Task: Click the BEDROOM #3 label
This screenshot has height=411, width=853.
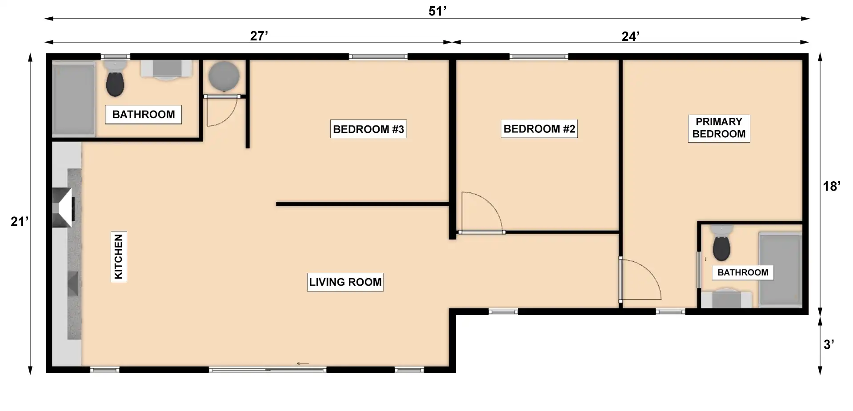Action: pyautogui.click(x=368, y=129)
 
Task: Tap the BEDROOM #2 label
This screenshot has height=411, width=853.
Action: pyautogui.click(x=539, y=129)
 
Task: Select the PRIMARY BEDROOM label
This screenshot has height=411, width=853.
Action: pyautogui.click(x=719, y=128)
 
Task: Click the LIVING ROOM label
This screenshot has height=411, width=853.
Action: pyautogui.click(x=345, y=282)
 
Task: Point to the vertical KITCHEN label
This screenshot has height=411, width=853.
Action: pyautogui.click(x=119, y=256)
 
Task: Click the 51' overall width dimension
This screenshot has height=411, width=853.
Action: pyautogui.click(x=437, y=11)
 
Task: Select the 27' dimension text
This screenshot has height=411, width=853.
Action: pyautogui.click(x=259, y=36)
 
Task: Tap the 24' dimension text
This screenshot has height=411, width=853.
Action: pyautogui.click(x=630, y=36)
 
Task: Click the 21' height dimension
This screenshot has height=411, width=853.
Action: pyautogui.click(x=20, y=221)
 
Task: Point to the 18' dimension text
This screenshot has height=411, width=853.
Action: pyautogui.click(x=832, y=186)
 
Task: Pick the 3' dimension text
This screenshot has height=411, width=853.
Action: pyautogui.click(x=829, y=344)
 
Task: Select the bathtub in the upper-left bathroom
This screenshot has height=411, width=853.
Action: pyautogui.click(x=74, y=99)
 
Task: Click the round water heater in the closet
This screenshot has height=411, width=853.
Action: pyautogui.click(x=224, y=76)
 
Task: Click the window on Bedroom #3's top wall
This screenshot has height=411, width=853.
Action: pyautogui.click(x=378, y=57)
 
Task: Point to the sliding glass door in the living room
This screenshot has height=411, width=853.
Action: pyautogui.click(x=268, y=370)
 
